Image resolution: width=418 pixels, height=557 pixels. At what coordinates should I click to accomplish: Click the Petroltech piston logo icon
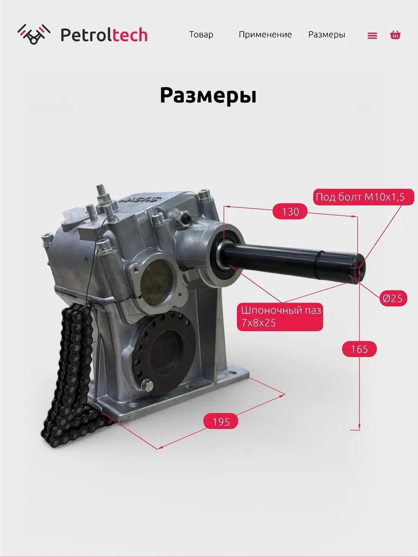tap(34, 34)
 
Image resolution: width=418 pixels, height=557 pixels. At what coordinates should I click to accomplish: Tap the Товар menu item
tap(201, 34)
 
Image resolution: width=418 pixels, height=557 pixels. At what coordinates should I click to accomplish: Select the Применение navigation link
tap(265, 34)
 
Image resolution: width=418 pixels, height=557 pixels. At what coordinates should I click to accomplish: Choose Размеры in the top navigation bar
tap(327, 34)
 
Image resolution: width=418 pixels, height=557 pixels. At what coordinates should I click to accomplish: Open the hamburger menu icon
tap(372, 35)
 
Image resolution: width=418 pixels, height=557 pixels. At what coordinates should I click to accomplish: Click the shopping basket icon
tap(395, 35)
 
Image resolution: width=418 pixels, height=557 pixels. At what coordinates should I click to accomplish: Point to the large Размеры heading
tap(208, 96)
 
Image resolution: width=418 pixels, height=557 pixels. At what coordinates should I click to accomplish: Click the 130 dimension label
tap(290, 212)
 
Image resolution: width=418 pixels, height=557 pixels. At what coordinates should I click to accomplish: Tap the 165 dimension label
tap(359, 349)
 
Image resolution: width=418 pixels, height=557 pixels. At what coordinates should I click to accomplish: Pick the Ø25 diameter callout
tap(392, 298)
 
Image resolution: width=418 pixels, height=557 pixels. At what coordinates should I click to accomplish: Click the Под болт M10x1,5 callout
tap(364, 197)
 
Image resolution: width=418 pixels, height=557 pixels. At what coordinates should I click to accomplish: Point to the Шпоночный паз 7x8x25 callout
tap(280, 317)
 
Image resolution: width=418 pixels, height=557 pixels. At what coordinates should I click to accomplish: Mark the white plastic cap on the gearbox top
tap(73, 213)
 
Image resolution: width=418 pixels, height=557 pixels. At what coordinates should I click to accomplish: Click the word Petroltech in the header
tap(104, 35)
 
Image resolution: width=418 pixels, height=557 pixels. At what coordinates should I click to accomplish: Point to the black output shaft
tap(292, 261)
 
